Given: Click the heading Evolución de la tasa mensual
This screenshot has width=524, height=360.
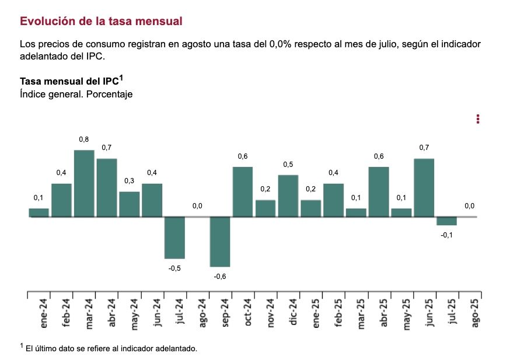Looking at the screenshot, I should click(101, 21).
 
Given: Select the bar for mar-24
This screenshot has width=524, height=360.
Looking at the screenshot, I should click(84, 183).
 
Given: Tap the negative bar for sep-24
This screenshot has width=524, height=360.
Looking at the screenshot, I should click(220, 242).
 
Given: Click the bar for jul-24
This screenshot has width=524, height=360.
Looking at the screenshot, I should click(174, 237).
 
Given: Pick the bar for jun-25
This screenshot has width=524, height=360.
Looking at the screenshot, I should click(424, 187).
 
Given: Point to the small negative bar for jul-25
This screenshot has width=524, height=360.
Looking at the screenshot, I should click(446, 221).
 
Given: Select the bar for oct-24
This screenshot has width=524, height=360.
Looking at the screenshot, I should click(243, 191).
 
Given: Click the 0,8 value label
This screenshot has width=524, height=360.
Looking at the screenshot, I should click(84, 139).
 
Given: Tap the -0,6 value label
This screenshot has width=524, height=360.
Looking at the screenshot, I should click(220, 276).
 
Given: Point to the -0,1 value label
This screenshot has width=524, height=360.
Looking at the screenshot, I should click(446, 235).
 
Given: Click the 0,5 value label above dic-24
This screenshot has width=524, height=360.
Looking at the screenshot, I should click(288, 165).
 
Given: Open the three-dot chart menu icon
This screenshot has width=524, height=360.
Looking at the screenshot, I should click(478, 119).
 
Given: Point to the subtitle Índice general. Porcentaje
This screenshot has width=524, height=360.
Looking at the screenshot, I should click(76, 94).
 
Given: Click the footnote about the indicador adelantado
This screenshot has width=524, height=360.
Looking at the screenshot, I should click(111, 348).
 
